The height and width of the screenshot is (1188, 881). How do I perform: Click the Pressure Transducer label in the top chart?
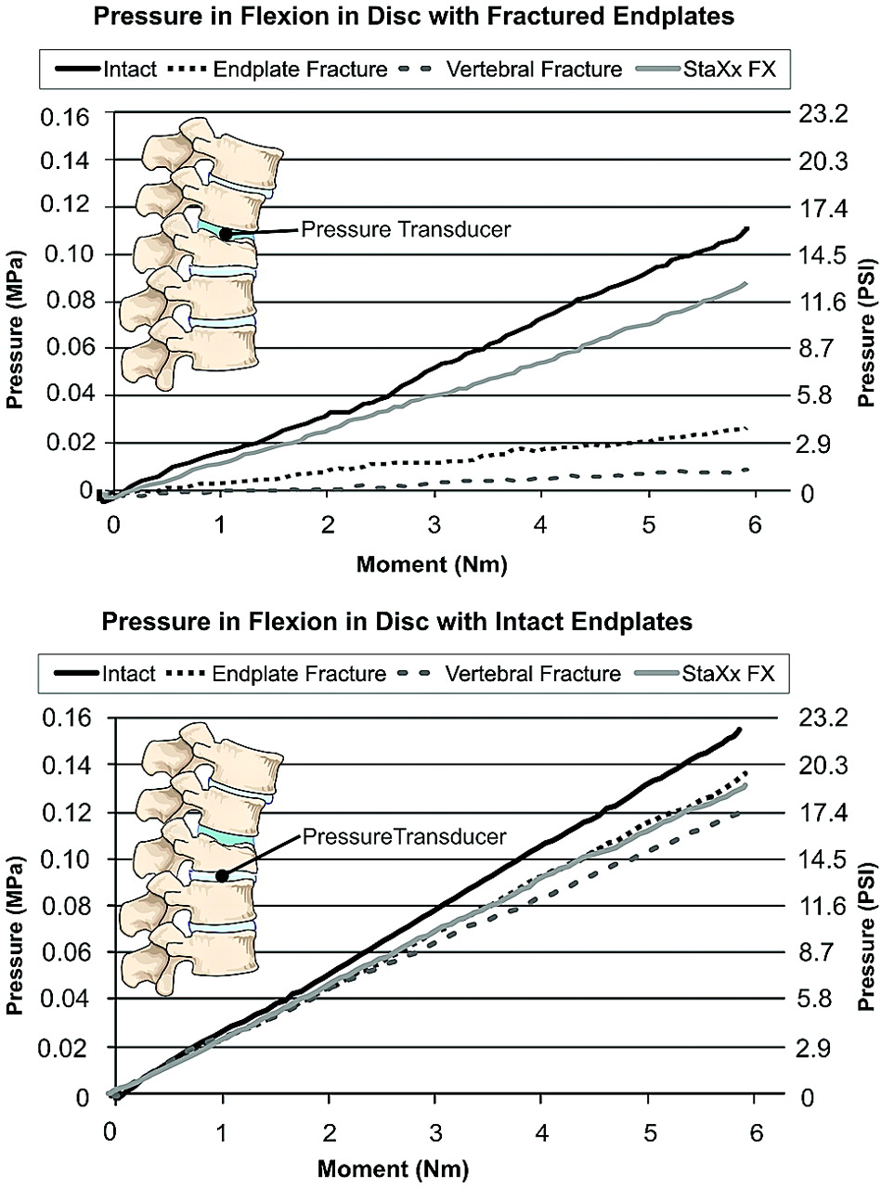tap(405, 228)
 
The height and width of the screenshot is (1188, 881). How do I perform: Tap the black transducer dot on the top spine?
tap(225, 234)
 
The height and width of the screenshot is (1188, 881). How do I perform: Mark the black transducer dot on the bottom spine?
tap(222, 875)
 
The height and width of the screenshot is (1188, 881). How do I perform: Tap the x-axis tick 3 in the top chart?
tap(434, 523)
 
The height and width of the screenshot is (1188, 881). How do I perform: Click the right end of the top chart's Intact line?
tap(746, 228)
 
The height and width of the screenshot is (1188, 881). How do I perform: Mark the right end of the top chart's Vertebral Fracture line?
tap(746, 470)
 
